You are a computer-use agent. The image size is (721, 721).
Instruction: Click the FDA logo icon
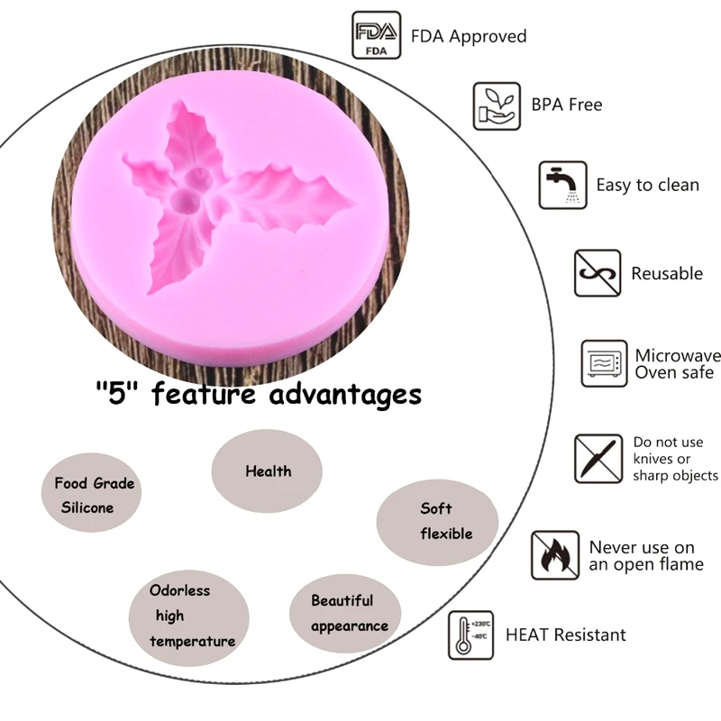(x=375, y=35)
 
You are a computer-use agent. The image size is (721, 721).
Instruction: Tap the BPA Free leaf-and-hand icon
(x=497, y=105)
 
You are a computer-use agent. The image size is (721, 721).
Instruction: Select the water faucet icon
(x=562, y=185)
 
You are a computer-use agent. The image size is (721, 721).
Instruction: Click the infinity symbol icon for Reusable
(x=598, y=273)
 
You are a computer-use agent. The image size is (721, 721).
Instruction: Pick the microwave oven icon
(x=603, y=363)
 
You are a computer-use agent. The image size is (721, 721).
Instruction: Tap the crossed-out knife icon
(x=598, y=458)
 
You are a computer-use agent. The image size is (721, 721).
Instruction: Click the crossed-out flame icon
(x=555, y=555)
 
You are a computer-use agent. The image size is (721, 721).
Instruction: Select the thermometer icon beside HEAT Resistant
(x=470, y=634)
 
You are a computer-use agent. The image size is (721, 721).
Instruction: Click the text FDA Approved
(x=469, y=37)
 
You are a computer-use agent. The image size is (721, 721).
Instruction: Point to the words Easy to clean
(x=647, y=185)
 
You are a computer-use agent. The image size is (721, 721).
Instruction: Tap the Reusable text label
(x=666, y=273)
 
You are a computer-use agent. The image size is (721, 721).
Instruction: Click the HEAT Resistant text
(x=565, y=634)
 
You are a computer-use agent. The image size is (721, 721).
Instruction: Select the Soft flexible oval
(x=437, y=522)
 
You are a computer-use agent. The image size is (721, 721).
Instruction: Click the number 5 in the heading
(x=114, y=394)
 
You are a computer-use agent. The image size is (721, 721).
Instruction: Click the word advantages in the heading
(x=345, y=394)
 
